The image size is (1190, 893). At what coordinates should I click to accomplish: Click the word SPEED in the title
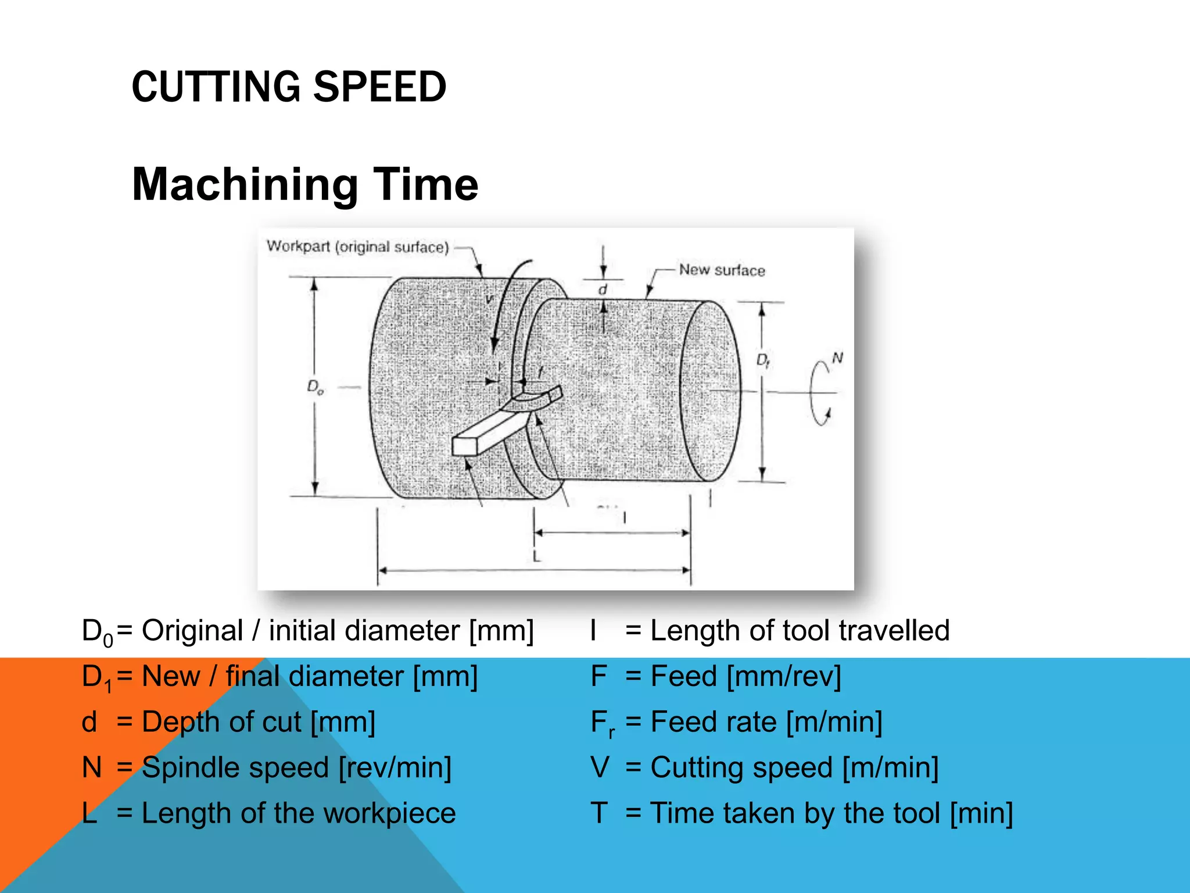(380, 87)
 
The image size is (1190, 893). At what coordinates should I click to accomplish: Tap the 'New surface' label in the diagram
(722, 270)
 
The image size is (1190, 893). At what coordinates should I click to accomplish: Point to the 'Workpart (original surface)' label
(358, 247)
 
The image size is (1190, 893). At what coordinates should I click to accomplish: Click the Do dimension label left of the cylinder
(316, 387)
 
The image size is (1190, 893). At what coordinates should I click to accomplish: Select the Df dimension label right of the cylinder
(763, 361)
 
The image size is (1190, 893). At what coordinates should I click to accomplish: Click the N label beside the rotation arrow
(837, 358)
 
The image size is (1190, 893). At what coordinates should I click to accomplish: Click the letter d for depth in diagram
(603, 290)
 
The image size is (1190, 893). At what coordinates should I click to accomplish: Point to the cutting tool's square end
(464, 446)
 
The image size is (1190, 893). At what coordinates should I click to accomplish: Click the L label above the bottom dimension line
(536, 557)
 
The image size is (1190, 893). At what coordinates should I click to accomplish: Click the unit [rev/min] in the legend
(395, 767)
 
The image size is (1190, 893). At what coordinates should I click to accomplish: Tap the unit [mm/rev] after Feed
(784, 676)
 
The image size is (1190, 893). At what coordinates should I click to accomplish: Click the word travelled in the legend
(894, 631)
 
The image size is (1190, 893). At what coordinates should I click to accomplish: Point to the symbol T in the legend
(599, 813)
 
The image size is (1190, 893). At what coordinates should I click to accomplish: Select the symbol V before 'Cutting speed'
(600, 767)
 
